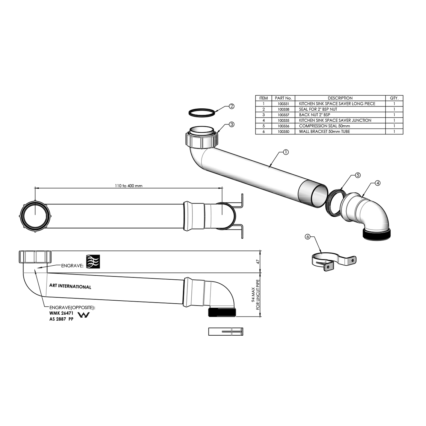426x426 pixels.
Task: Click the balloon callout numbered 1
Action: (x=286, y=152)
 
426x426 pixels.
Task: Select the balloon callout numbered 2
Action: (x=232, y=106)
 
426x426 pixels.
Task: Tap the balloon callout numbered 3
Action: (x=232, y=124)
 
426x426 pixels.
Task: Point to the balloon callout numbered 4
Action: (x=378, y=183)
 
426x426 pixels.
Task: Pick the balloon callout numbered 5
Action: (x=358, y=175)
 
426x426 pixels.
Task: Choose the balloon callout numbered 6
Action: (x=308, y=237)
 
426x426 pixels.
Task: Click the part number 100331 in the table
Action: (x=283, y=104)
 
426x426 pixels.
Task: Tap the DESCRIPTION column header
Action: (x=340, y=98)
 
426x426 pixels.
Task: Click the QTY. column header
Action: (x=394, y=98)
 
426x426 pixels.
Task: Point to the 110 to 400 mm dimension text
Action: (x=129, y=186)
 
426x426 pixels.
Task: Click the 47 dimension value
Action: (x=257, y=262)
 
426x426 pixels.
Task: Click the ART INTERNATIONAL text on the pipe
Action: (x=70, y=286)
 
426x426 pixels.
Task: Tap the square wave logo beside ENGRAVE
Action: (x=93, y=261)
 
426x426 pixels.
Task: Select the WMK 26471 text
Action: (x=61, y=313)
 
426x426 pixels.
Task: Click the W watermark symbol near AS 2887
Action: (x=84, y=315)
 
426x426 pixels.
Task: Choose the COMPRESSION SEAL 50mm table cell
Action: (x=324, y=126)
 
